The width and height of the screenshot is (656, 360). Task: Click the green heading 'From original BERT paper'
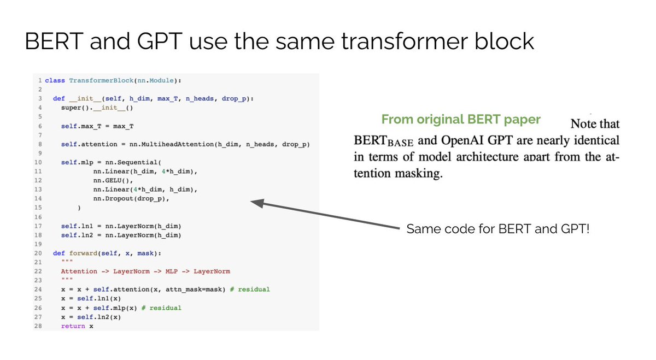click(x=461, y=120)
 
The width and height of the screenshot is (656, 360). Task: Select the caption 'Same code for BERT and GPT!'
click(x=497, y=229)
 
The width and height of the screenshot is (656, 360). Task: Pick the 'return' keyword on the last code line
click(x=73, y=326)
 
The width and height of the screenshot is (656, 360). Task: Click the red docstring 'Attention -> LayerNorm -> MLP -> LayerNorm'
click(x=145, y=271)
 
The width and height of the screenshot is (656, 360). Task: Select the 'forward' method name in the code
click(x=85, y=253)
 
